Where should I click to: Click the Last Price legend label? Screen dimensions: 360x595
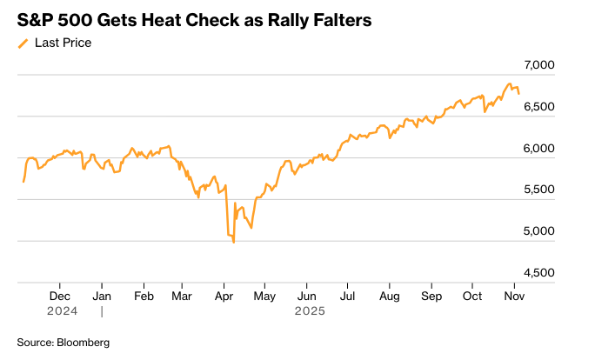point(63,42)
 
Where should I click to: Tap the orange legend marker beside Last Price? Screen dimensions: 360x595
point(23,43)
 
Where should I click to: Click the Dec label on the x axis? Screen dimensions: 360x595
point(59,296)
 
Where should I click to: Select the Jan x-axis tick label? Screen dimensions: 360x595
point(102,296)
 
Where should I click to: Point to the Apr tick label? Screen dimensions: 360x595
point(224,296)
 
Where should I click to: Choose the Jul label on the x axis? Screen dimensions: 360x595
point(346,296)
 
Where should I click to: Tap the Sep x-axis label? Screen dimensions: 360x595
point(431,296)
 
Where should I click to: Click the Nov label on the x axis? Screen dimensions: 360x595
point(514,296)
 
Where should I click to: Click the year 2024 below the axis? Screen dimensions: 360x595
point(63,310)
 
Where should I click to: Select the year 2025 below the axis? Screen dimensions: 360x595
point(309,310)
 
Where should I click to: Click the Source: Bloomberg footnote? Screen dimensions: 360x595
point(64,343)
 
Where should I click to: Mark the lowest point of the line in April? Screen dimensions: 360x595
point(233,242)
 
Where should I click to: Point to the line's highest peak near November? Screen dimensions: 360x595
point(510,84)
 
